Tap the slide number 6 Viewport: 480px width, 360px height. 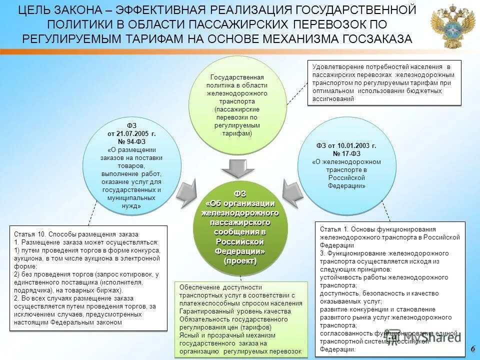[472, 348]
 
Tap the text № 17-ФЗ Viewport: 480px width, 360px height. [346, 153]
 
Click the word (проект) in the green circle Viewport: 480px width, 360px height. [240, 261]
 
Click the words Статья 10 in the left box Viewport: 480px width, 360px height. [30, 234]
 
